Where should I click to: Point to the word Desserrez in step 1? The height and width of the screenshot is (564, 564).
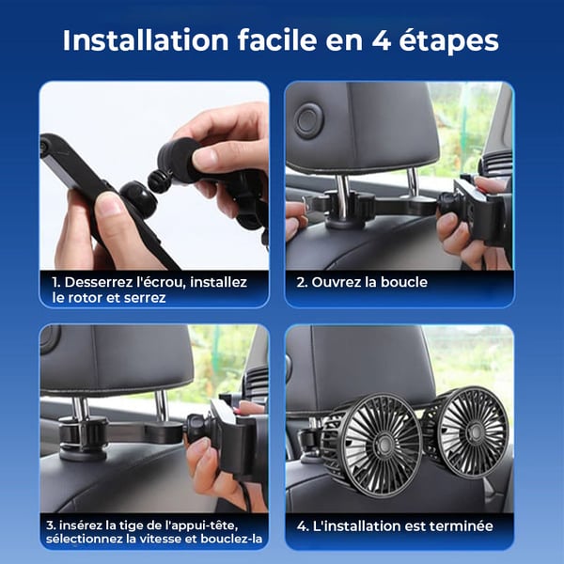97,281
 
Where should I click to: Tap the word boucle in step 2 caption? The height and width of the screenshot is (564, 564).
401,281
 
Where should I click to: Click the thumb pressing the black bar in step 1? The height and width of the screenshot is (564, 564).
111,205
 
